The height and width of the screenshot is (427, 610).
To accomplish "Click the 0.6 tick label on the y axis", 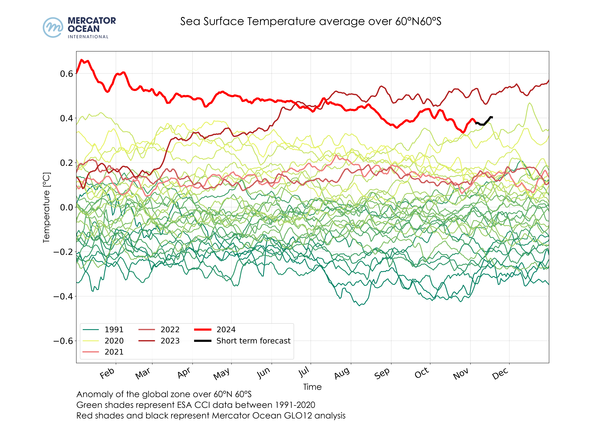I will (x=66, y=74).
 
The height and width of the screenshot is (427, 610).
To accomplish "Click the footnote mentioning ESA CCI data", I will (x=196, y=405).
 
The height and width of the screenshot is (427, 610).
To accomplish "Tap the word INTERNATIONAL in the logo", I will (x=88, y=37).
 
